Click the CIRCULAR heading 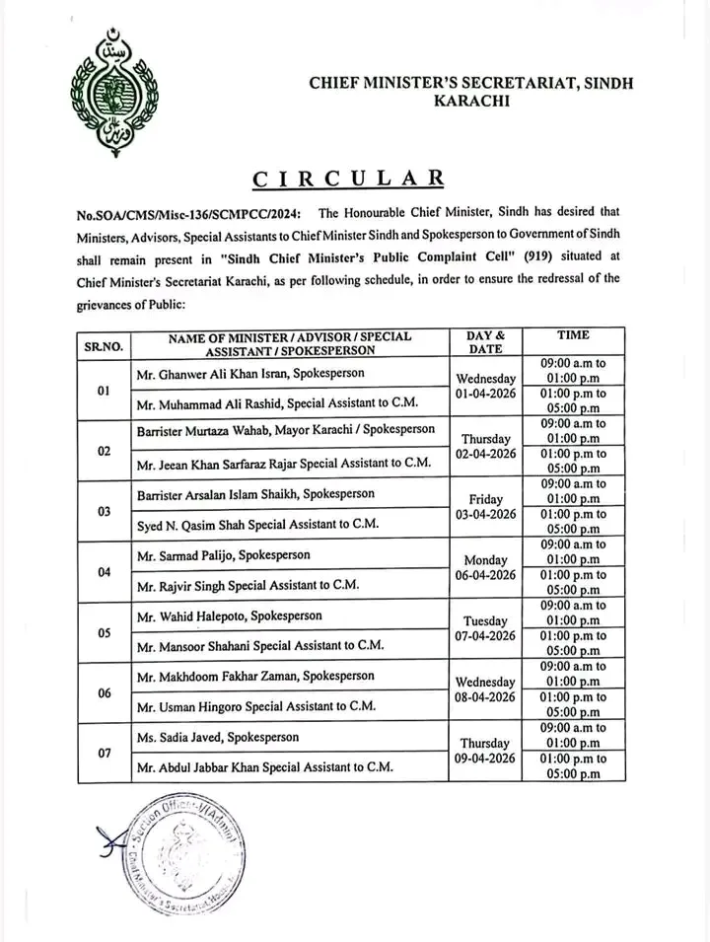[x=348, y=179]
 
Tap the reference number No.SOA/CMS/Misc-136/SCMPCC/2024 [x=189, y=214]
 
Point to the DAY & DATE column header [x=485, y=343]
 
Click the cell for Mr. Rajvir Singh [x=247, y=585]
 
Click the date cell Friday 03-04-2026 [x=485, y=507]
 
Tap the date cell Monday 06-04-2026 [x=485, y=567]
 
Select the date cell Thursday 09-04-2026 [x=485, y=751]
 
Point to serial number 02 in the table [x=104, y=450]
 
